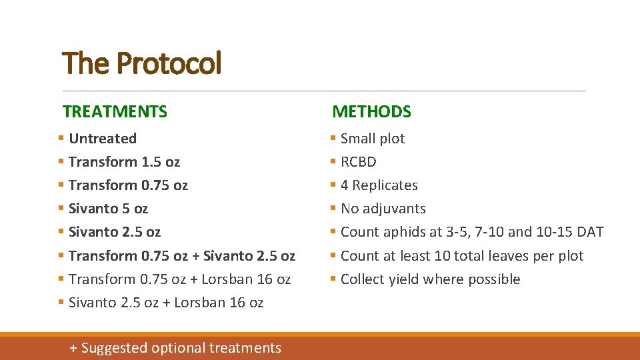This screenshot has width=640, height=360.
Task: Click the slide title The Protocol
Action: point(141,64)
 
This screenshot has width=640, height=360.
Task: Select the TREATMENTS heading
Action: point(115,111)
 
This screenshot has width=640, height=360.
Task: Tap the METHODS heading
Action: point(371,111)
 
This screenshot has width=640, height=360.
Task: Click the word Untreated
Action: point(103,139)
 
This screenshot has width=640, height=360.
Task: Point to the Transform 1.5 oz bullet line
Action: point(124,162)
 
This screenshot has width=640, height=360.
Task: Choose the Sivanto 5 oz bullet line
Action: point(108,209)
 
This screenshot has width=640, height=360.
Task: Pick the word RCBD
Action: point(359,162)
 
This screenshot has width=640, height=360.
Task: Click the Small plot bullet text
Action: point(373,139)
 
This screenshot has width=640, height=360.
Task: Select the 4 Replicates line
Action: point(379,185)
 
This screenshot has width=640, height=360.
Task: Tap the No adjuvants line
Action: point(383,209)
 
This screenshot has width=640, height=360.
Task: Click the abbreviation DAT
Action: point(590,232)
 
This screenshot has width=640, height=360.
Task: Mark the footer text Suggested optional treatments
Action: point(181,348)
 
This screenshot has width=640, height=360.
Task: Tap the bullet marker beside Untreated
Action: point(61,139)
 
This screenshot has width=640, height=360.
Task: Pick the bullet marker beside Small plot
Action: point(333,139)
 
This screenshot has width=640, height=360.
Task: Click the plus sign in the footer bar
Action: point(74,348)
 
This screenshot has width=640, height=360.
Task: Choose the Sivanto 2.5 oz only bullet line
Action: point(115,232)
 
